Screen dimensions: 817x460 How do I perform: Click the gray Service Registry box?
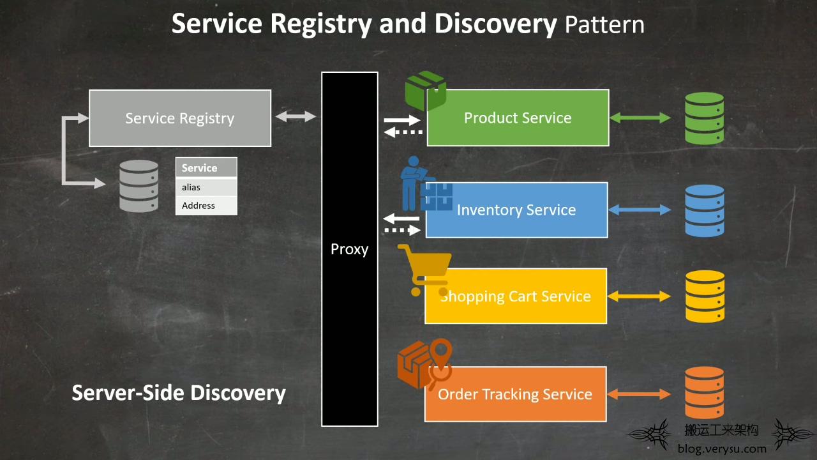tap(180, 118)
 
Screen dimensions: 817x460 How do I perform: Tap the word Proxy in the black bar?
tap(349, 249)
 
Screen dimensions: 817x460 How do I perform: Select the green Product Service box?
tap(518, 118)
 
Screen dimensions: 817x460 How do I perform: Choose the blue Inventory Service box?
tap(516, 210)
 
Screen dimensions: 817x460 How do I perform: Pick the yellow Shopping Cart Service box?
tap(516, 296)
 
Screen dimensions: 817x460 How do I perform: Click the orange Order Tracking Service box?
tap(515, 394)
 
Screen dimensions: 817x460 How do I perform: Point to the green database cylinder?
tap(704, 118)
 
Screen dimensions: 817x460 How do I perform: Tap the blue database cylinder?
tap(705, 211)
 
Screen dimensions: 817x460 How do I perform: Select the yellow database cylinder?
tap(705, 296)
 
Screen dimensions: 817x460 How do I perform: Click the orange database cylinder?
tap(704, 393)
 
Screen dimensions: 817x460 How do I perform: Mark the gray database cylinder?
tap(139, 186)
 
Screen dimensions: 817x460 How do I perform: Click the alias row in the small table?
tap(206, 187)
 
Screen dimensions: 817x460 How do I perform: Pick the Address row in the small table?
tap(206, 206)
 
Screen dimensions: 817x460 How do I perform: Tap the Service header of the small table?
tap(206, 168)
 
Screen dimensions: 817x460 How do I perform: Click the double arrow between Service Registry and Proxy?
tap(296, 116)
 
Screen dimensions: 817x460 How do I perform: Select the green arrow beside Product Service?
tap(640, 118)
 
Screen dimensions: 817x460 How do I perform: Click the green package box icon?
tap(426, 91)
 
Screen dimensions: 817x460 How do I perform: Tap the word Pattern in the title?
tap(604, 25)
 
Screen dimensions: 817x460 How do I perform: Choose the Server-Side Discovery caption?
tap(179, 393)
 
